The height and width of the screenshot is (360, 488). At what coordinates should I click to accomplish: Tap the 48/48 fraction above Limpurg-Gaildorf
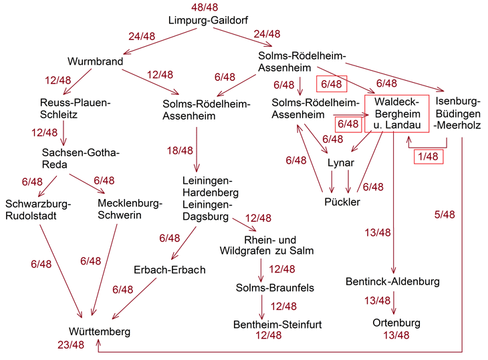coord(205,7)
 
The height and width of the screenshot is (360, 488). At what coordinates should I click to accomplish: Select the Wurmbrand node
coord(96,62)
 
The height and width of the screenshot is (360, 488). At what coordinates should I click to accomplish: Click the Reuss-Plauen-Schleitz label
coord(75,108)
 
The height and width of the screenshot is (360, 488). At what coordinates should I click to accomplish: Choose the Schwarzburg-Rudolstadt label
coord(37,209)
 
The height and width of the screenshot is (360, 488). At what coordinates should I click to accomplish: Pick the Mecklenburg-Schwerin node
coord(130,209)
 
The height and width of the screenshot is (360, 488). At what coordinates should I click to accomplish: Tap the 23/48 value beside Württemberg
coord(71,345)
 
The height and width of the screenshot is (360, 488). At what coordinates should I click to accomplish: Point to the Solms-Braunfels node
coord(275,288)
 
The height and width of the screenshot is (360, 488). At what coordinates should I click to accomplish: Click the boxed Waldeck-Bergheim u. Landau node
coord(396,114)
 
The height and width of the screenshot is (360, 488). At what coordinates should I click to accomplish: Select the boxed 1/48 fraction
coord(427,156)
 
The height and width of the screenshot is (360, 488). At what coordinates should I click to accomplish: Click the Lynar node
coord(341,163)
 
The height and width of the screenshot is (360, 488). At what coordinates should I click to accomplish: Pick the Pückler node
coord(342,202)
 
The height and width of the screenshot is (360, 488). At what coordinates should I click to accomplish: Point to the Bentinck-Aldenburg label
coord(393,281)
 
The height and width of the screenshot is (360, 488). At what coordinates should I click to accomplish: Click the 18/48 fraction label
coord(180,151)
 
